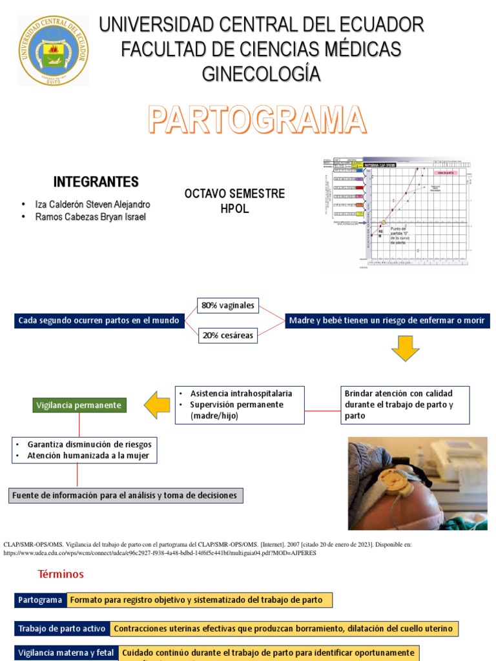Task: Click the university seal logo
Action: tap(54, 50)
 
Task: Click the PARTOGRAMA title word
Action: tap(257, 121)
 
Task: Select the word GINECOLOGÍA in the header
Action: tap(261, 74)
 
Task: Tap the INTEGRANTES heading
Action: tap(96, 181)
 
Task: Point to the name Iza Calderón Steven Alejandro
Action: tap(92, 204)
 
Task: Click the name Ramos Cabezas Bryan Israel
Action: tap(90, 217)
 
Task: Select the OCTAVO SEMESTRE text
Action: tap(234, 194)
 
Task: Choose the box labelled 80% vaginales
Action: tap(227, 305)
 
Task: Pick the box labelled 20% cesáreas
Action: tap(227, 334)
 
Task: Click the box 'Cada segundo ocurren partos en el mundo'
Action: tap(99, 320)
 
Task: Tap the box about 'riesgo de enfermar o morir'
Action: tap(386, 320)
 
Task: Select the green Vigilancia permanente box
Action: tap(79, 405)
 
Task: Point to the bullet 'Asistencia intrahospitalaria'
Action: tap(240, 393)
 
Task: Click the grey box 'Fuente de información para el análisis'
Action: tap(126, 496)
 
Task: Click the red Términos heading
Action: tap(61, 574)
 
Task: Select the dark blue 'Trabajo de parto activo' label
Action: tap(62, 629)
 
